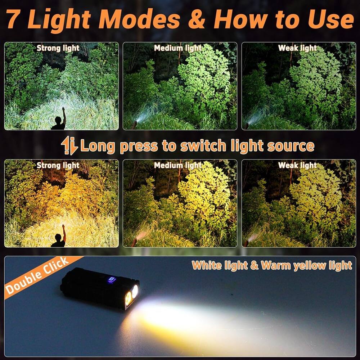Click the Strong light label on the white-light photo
coord(58,48)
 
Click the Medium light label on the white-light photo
coord(178,48)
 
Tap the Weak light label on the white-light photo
coord(297,48)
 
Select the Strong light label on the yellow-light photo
coord(58,165)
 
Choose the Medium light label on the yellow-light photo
coord(178,165)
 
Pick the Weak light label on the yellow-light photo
coord(297,165)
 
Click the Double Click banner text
coord(38,276)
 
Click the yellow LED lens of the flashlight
coord(128,298)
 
